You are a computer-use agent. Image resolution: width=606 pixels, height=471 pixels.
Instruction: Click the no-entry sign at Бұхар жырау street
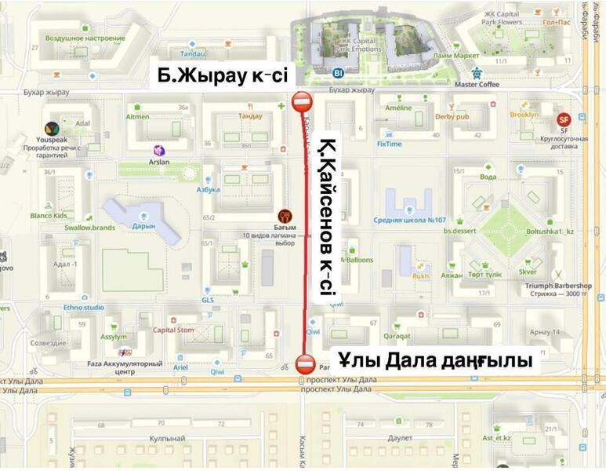303,102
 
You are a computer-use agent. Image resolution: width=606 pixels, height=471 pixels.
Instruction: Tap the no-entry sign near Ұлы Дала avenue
306,364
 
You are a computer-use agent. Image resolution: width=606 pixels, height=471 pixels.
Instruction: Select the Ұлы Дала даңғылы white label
436,360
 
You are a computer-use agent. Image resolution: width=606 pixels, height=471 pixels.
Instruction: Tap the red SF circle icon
562,119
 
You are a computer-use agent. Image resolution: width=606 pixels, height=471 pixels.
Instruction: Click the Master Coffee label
477,84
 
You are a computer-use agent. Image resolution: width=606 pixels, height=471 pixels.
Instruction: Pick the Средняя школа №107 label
409,220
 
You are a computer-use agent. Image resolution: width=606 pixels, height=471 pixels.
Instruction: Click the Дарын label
143,226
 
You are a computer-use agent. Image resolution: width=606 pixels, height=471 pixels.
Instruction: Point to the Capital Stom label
173,330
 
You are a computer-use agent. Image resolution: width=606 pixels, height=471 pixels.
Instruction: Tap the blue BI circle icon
339,73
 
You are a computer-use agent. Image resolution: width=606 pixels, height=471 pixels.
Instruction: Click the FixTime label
389,144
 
